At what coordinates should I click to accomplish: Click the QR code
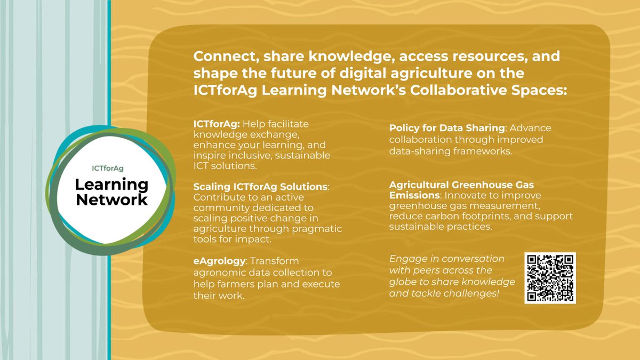click(x=550, y=278)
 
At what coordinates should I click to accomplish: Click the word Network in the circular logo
click(x=111, y=200)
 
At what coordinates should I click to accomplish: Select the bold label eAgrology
click(x=217, y=261)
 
